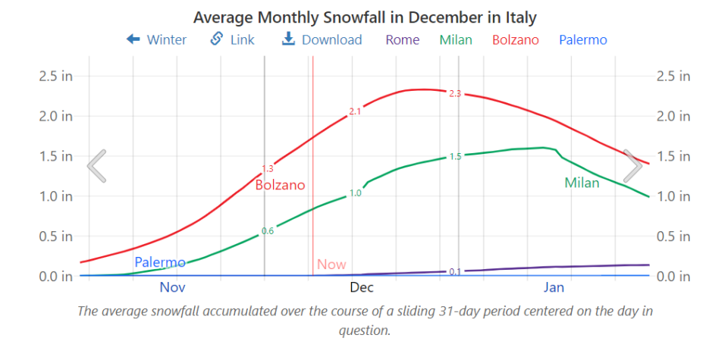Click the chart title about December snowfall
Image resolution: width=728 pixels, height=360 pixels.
coord(365,17)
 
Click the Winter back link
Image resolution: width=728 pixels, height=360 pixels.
coord(156,40)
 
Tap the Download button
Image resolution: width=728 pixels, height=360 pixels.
coord(322,40)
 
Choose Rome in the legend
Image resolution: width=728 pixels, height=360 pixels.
coord(402,40)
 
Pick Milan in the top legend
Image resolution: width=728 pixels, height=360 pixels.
coord(456,40)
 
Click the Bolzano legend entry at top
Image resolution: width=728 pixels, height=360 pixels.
coord(516,40)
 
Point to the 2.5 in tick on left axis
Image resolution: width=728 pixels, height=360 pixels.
coord(56,76)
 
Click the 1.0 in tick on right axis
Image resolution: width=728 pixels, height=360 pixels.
coord(673,196)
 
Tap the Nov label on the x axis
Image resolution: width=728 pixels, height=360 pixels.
coord(172,288)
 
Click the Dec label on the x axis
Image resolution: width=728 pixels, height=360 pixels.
coord(362,288)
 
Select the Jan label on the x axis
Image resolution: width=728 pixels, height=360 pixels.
coord(554,288)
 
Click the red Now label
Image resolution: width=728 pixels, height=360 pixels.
coord(331,265)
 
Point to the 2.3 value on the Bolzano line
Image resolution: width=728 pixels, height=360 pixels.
coord(455,94)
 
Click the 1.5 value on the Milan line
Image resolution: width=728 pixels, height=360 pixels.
coord(455,157)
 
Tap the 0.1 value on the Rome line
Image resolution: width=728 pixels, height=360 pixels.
coord(455,271)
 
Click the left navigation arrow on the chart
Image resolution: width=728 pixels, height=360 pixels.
coord(96,166)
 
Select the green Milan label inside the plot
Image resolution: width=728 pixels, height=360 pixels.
coord(582,183)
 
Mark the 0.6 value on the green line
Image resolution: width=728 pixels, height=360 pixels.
coord(268,231)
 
